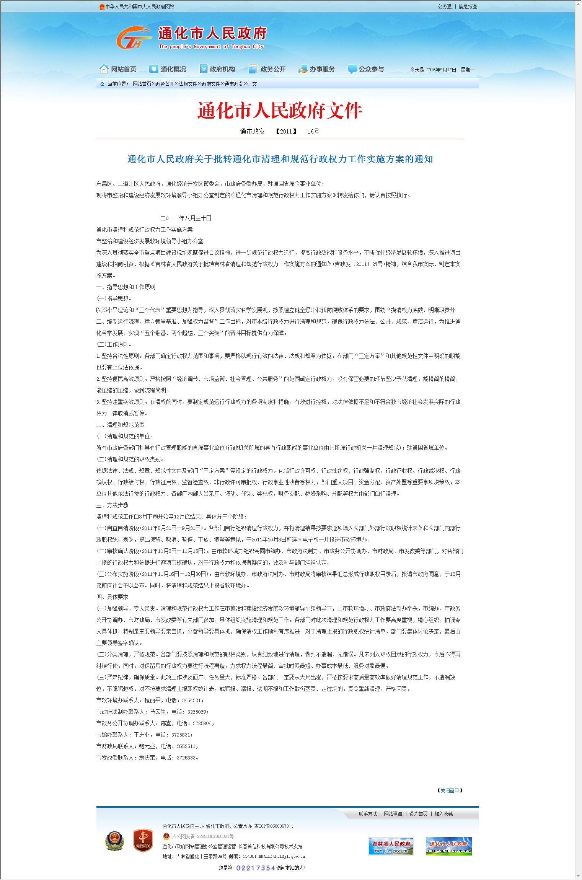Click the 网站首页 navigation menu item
118,69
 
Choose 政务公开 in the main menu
267,69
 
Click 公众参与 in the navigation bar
366,69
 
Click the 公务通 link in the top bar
445,7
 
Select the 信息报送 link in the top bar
468,7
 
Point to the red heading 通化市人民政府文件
280,111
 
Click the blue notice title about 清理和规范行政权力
280,159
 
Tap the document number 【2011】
286,132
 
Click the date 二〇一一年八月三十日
186,218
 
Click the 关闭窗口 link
450,790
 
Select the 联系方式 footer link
368,814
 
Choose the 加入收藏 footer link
443,814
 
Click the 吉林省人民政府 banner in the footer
391,846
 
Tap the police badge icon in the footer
115,841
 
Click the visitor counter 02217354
256,868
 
